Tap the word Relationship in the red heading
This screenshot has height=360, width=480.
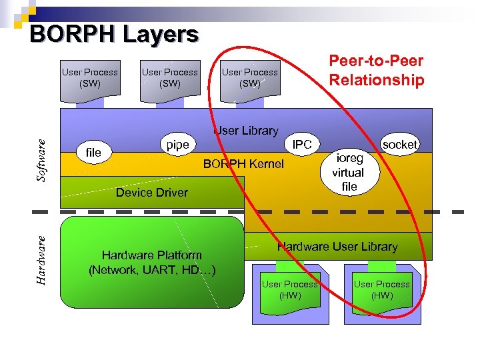coord(376,81)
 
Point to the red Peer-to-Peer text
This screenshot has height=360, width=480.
coord(376,61)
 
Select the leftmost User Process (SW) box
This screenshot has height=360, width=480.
coord(89,79)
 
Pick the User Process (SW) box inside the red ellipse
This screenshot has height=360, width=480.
coord(249,79)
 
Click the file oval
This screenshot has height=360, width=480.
coord(94,153)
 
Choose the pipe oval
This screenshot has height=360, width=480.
coord(177,145)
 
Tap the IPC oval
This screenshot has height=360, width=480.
coord(303,144)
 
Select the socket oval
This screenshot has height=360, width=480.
coord(400,144)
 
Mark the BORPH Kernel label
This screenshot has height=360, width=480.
coord(243,164)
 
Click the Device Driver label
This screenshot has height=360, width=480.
coord(152,193)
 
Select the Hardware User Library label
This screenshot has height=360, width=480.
coord(337,247)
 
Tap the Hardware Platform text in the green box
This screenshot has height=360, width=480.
coord(151,263)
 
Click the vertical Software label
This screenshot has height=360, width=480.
coord(42,161)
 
